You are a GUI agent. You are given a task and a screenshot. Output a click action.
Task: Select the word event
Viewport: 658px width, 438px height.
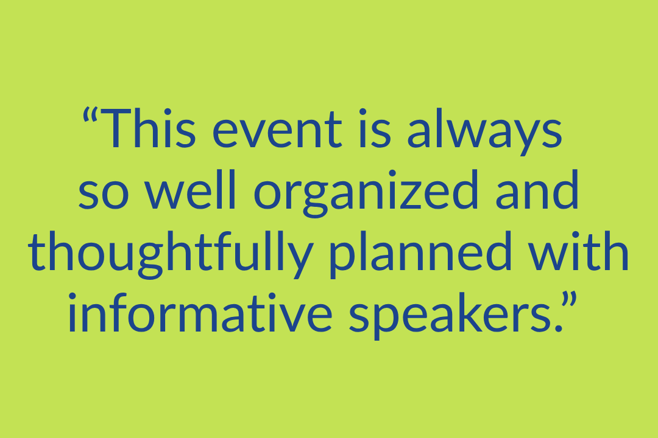pyautogui.click(x=277, y=130)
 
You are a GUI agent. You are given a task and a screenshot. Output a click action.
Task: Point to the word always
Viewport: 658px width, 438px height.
pyautogui.click(x=485, y=131)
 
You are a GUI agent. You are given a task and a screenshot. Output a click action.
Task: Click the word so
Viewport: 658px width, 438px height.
pyautogui.click(x=104, y=194)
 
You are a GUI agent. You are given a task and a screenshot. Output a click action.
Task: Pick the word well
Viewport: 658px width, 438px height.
pyautogui.click(x=190, y=189)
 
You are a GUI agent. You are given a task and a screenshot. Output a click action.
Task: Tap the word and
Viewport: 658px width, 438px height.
pyautogui.click(x=537, y=189)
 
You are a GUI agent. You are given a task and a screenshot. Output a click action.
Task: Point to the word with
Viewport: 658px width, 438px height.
pyautogui.click(x=578, y=251)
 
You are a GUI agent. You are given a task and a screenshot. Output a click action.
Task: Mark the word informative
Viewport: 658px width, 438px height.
pyautogui.click(x=200, y=312)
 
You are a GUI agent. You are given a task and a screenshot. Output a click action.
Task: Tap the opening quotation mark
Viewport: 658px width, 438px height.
pyautogui.click(x=90, y=114)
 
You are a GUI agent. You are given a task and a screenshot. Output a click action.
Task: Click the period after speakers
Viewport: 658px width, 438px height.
pyautogui.click(x=558, y=328)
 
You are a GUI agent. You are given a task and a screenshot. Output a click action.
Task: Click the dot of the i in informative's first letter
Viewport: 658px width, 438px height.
pyautogui.click(x=72, y=297)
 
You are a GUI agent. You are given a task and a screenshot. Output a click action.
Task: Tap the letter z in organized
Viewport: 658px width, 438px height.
pyautogui.click(x=410, y=194)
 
